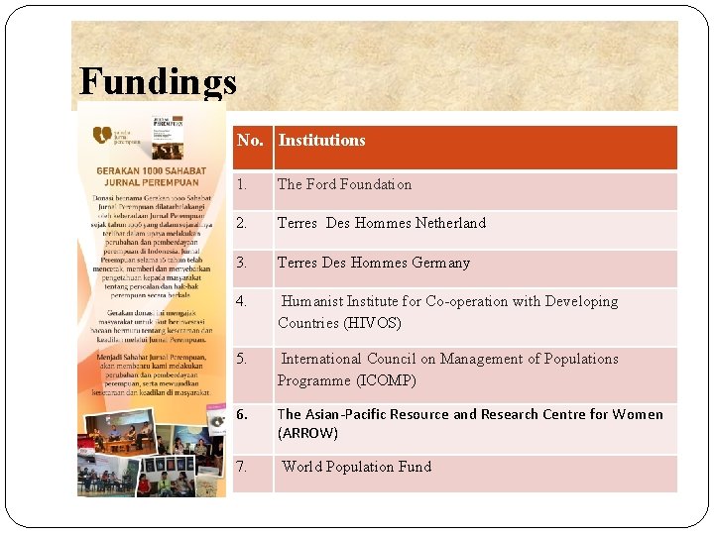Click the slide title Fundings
click(x=158, y=82)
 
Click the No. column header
click(x=250, y=141)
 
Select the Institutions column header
click(x=321, y=141)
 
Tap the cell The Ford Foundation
click(x=344, y=184)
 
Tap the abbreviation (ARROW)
click(x=307, y=433)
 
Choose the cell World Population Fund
click(x=357, y=467)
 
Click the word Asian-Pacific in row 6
click(x=348, y=414)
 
